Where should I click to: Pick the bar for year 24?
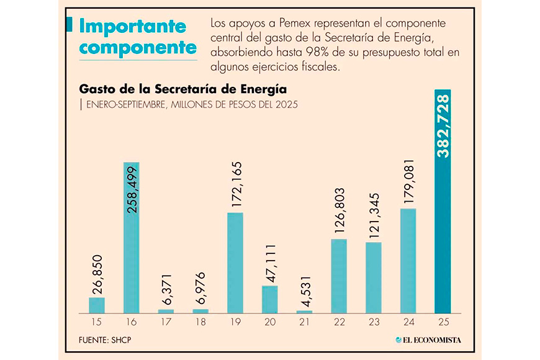tap(408, 261)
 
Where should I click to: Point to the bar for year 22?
tap(339, 276)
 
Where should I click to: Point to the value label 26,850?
tap(97, 272)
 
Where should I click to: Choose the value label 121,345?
tap(373, 216)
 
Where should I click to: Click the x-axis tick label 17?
tap(166, 323)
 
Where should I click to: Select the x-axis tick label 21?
tap(304, 323)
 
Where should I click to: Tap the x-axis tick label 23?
tap(374, 323)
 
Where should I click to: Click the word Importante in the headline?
tap(133, 27)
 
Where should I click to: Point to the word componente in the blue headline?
tap(138, 48)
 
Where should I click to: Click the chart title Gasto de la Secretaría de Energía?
tap(182, 88)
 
